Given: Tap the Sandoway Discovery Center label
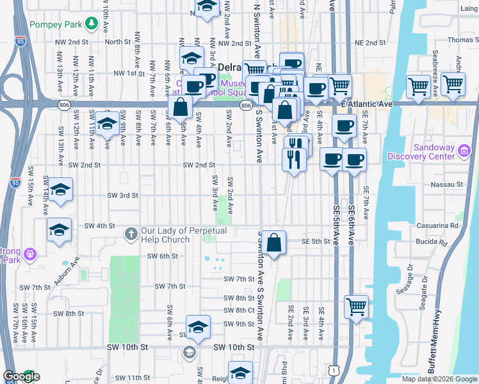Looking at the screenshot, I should pos(425,152).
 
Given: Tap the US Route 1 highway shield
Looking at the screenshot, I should pos(333,370).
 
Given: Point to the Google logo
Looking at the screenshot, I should pos(21,376).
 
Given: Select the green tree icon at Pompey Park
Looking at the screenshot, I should pos(92,24).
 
